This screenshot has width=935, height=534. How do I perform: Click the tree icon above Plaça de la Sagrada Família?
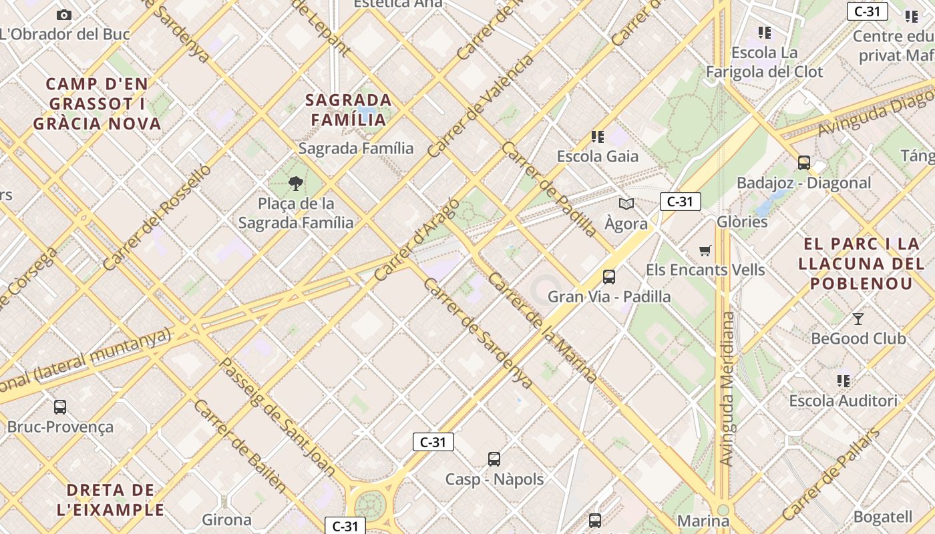click(x=296, y=184)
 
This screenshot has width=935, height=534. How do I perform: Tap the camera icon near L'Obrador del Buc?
click(x=64, y=15)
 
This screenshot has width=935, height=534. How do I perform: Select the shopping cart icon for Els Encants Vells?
click(x=705, y=250)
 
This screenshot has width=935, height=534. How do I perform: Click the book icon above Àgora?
click(x=626, y=204)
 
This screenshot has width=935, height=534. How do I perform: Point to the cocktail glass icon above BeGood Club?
click(x=858, y=318)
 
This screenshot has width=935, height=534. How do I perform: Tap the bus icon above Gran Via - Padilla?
click(x=608, y=276)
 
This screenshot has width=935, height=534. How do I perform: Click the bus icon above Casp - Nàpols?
click(x=494, y=459)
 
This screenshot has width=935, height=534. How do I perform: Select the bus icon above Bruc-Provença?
click(x=60, y=407)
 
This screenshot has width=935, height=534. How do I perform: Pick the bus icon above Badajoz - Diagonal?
click(x=804, y=162)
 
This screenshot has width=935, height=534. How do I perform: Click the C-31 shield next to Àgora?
click(x=680, y=202)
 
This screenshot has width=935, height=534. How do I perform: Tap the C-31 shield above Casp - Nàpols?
click(x=433, y=442)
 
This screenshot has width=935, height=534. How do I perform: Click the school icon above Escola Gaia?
click(x=598, y=137)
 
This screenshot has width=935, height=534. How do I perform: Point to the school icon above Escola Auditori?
click(x=844, y=381)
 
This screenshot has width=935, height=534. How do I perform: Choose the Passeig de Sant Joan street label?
click(x=278, y=417)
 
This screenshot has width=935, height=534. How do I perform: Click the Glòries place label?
click(x=742, y=222)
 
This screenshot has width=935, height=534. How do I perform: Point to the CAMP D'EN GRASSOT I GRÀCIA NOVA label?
click(x=98, y=104)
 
